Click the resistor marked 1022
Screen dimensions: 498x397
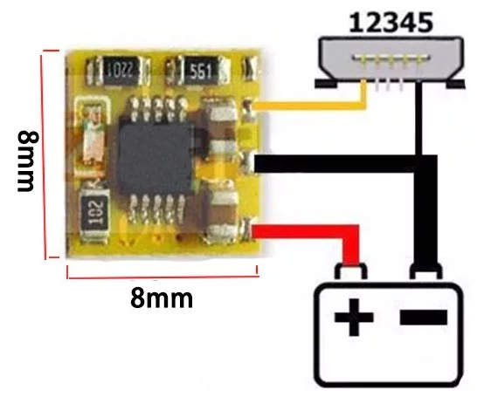click(118, 71)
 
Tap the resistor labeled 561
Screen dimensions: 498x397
click(197, 71)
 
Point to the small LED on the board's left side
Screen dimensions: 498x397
click(94, 133)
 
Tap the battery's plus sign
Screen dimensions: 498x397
click(354, 317)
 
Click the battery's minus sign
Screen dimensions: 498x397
click(424, 318)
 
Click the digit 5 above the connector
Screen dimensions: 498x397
click(425, 23)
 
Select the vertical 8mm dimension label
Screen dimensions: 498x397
click(28, 161)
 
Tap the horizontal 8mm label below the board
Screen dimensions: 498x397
click(162, 298)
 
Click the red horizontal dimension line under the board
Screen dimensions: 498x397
click(163, 277)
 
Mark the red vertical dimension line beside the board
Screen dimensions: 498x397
click(45, 154)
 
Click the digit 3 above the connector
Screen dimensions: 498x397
click(391, 23)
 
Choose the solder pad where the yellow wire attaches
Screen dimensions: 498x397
click(248, 108)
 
